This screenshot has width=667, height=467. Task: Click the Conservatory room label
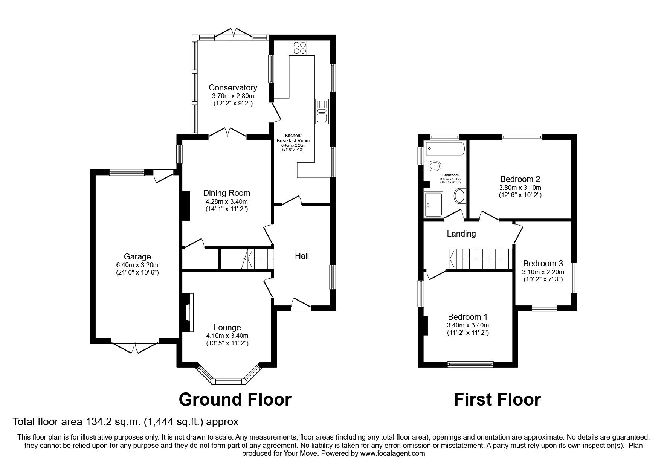pos(233,87)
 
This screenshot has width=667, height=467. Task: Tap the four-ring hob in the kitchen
pos(299,47)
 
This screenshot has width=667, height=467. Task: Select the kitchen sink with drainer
pos(322,111)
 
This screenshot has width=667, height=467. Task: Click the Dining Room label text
pos(226,193)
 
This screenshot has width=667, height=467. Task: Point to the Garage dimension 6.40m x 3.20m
pos(137,265)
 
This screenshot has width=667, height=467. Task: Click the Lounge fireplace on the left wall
pos(187,313)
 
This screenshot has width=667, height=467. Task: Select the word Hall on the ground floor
pos(302,256)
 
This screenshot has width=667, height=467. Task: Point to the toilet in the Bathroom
pos(433,165)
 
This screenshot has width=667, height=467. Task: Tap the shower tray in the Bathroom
pos(433,205)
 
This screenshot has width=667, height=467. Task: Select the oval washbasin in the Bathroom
pos(460,196)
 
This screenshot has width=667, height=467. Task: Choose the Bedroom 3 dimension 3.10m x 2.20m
pos(543,272)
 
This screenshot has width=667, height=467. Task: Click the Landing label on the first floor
pos(461,234)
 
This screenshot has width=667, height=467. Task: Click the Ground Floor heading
pos(235,400)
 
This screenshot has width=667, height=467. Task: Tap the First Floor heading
pos(497,400)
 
